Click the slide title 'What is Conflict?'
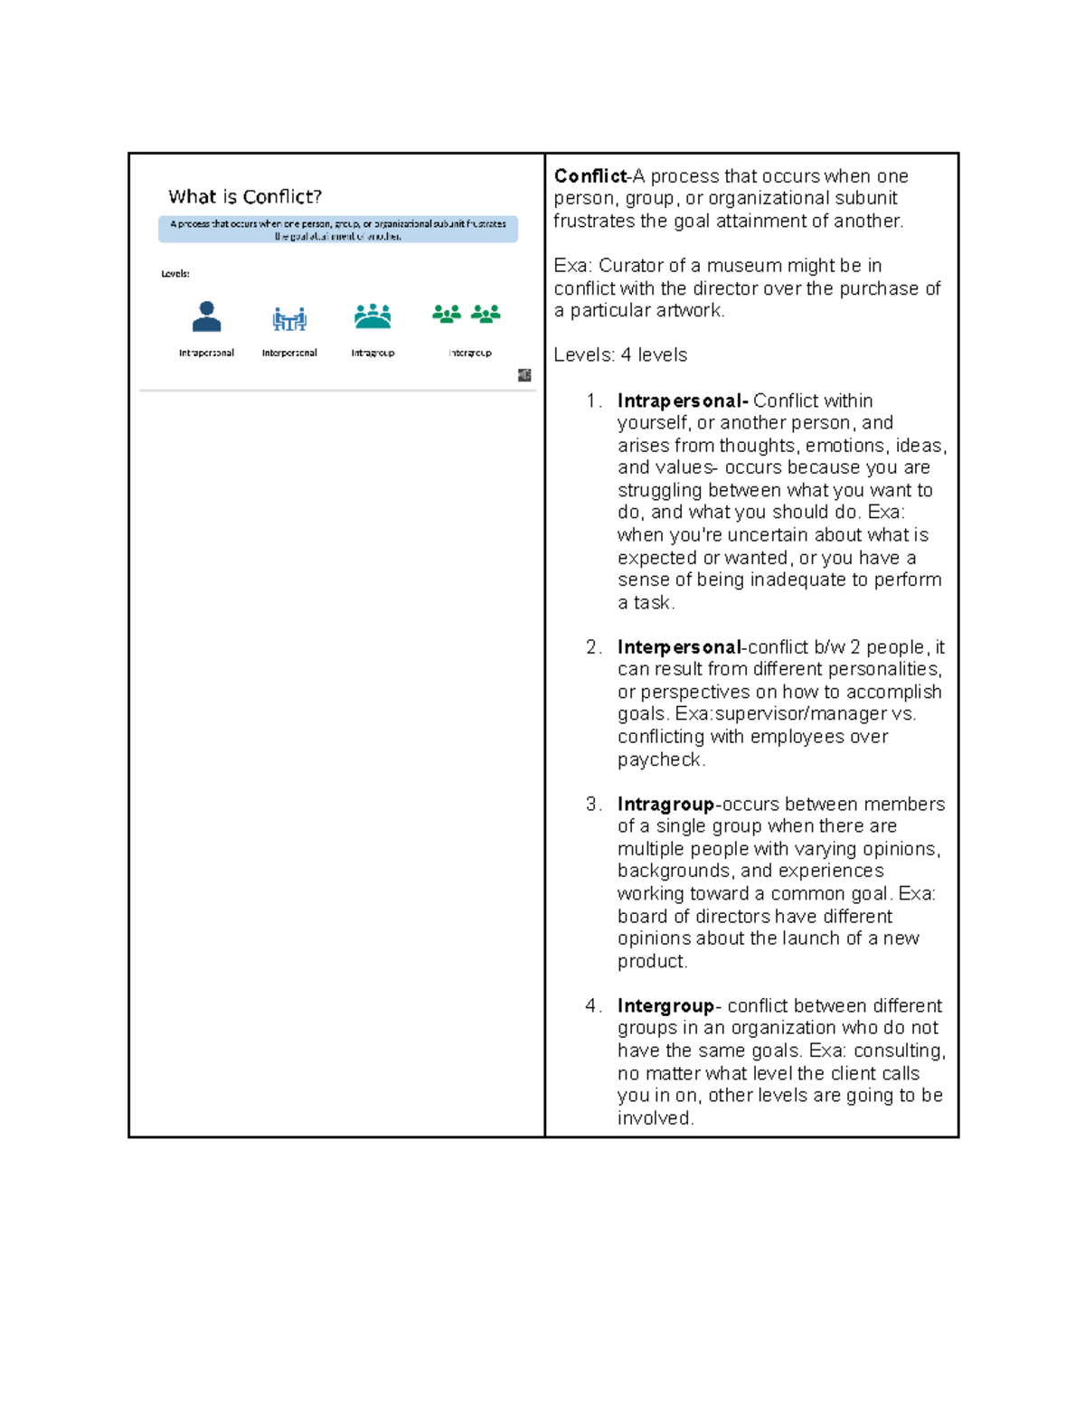coord(245,197)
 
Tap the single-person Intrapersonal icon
coord(206,316)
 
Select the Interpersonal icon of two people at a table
coord(289,318)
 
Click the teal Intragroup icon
coord(373,316)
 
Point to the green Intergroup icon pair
coord(466,314)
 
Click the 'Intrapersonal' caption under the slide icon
coord(206,353)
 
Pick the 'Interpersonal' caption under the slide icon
coord(289,353)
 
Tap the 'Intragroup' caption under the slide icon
coord(373,353)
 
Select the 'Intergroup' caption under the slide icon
coord(470,353)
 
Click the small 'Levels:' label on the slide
coord(175,273)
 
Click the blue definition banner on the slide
coord(338,230)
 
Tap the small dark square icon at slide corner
coord(524,375)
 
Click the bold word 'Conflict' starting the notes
coord(590,176)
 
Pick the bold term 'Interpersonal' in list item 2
coord(679,647)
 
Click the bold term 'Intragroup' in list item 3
coord(665,804)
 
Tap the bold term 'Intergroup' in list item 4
coord(665,1005)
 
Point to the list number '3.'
coord(593,804)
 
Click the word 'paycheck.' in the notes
coord(661,759)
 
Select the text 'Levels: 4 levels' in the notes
coord(620,355)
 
